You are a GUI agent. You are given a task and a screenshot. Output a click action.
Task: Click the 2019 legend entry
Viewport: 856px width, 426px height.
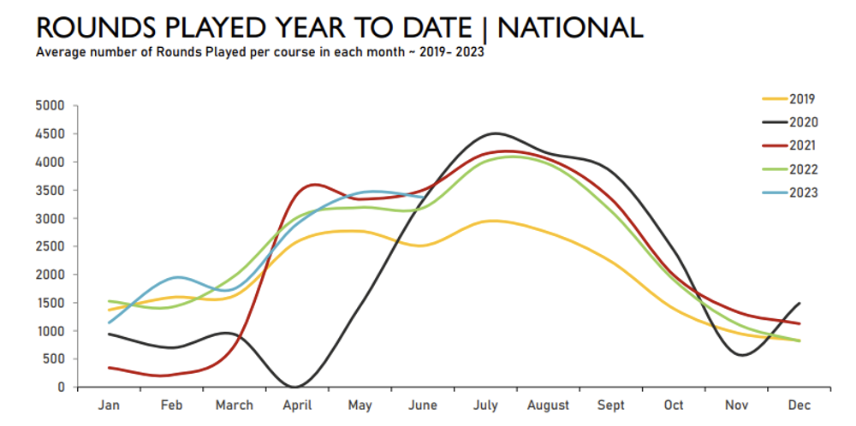pos(802,98)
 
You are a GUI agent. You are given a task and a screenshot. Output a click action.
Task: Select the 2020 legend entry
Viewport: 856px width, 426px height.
pos(802,122)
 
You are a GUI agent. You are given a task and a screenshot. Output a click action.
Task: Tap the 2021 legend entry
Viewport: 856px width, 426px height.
pos(802,145)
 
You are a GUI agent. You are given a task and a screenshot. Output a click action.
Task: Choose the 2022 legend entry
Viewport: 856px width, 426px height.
pos(802,169)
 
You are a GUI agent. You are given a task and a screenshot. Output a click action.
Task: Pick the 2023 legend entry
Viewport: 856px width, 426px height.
pos(802,192)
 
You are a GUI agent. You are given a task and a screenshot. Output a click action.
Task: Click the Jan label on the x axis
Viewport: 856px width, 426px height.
pos(109,405)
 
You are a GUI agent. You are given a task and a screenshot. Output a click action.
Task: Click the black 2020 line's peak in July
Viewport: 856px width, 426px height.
pos(495,133)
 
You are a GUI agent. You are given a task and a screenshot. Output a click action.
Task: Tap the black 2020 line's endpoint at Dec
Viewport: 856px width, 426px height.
pos(800,303)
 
